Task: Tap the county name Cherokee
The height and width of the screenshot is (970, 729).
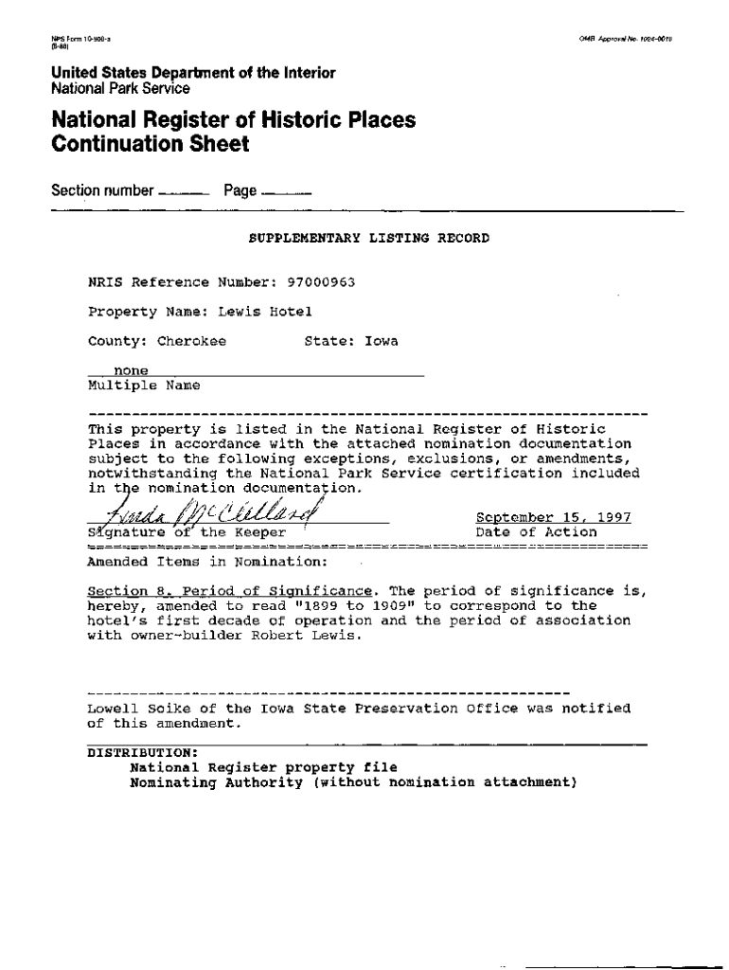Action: pyautogui.click(x=191, y=341)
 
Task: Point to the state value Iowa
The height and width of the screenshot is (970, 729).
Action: pyautogui.click(x=382, y=341)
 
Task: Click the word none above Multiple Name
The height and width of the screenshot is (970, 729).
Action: pyautogui.click(x=131, y=370)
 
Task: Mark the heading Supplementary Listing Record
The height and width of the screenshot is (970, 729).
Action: pyautogui.click(x=368, y=238)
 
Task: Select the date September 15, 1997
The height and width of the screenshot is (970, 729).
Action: pyautogui.click(x=553, y=517)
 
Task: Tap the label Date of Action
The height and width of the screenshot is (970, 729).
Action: pyautogui.click(x=536, y=532)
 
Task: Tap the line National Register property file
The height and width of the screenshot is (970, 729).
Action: pyautogui.click(x=263, y=767)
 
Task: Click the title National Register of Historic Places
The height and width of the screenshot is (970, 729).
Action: pyautogui.click(x=233, y=120)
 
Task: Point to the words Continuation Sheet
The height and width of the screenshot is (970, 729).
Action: pyautogui.click(x=151, y=145)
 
